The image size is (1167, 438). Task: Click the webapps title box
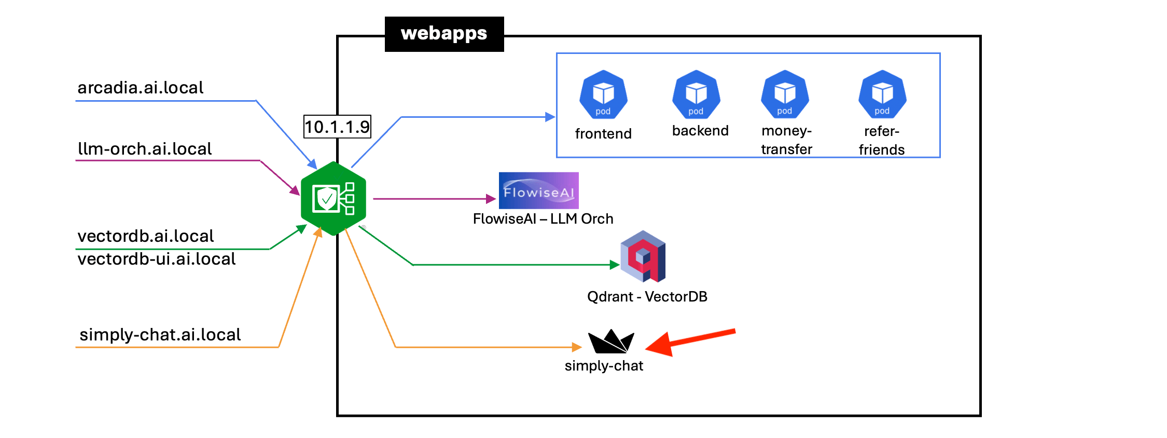pyautogui.click(x=444, y=34)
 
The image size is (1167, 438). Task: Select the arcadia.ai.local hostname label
pyautogui.click(x=140, y=88)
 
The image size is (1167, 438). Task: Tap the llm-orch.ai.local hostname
pyautogui.click(x=145, y=149)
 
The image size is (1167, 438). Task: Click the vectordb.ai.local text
pyautogui.click(x=145, y=236)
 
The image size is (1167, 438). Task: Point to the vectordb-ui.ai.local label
pyautogui.click(x=156, y=259)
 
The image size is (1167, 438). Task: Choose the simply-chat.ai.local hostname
pyautogui.click(x=160, y=335)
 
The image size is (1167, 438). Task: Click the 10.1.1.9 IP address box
pyautogui.click(x=337, y=127)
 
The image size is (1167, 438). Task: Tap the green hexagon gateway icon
pyautogui.click(x=334, y=198)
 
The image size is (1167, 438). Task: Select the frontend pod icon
pyautogui.click(x=603, y=95)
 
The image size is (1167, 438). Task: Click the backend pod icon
pyautogui.click(x=696, y=95)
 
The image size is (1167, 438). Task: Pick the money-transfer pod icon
pyautogui.click(x=785, y=95)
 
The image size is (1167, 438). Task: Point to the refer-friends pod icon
pyautogui.click(x=882, y=95)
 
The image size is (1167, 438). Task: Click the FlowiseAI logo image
pyautogui.click(x=538, y=190)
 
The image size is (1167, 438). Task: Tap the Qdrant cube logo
pyautogui.click(x=643, y=256)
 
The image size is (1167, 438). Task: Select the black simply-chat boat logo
pyautogui.click(x=611, y=342)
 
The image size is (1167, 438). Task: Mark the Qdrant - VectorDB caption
pyautogui.click(x=647, y=297)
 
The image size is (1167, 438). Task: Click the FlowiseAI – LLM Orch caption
pyautogui.click(x=543, y=219)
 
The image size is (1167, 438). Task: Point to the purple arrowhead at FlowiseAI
pyautogui.click(x=491, y=199)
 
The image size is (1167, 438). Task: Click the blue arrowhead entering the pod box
pyautogui.click(x=550, y=117)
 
